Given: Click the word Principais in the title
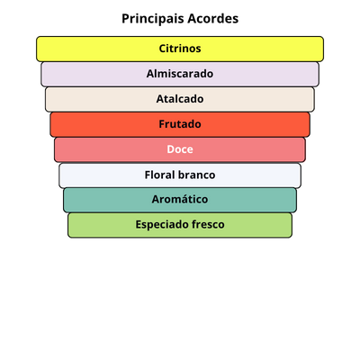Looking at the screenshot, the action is coord(153,19).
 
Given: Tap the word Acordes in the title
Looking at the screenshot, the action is coord(213,19).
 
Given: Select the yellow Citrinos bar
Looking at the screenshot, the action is coord(180,49).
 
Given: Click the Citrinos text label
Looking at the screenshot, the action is coord(180,49).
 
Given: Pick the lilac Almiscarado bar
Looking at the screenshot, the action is coord(180,74).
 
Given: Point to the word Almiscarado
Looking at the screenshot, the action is coord(180,74).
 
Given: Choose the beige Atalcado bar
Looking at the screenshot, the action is coord(180,99).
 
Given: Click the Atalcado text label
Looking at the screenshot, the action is coord(180,99).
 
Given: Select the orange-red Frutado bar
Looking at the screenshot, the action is coord(180,124).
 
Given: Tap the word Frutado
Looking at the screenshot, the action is coord(180,124).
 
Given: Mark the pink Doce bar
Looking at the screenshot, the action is coord(180,149).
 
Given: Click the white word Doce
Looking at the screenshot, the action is coord(180,149).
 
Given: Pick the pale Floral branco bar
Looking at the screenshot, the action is coord(180,175).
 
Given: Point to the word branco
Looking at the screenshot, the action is coord(196,175).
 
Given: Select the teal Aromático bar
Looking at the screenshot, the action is coord(180,200).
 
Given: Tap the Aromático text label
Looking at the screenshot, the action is coord(180,199).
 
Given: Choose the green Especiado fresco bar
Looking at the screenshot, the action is coord(180,225).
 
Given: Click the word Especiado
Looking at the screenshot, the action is coord(159,225).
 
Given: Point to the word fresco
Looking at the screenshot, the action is coord(205,224).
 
